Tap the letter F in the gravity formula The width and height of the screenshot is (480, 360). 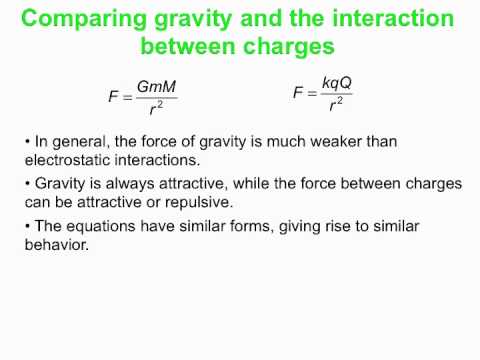[x=113, y=98]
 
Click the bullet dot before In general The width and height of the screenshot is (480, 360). [x=27, y=142]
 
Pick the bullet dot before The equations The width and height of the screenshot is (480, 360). [x=27, y=227]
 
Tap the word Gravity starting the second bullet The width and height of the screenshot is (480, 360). [x=61, y=184]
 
